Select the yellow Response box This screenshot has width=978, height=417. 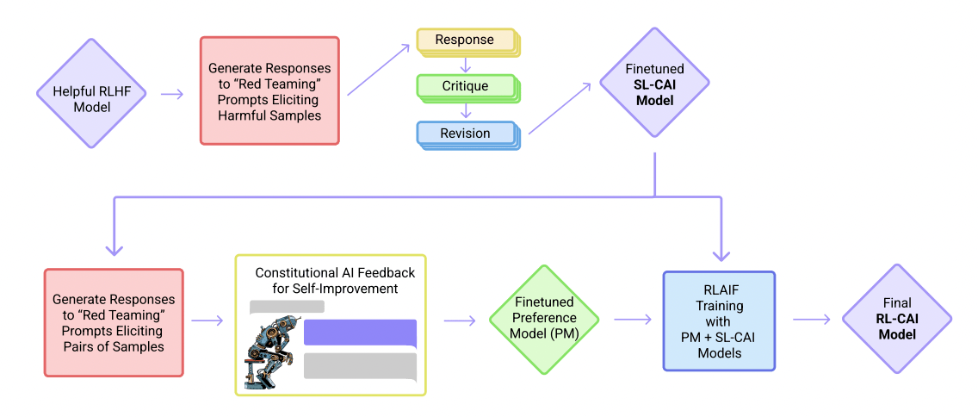[465, 40]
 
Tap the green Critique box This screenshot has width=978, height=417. [465, 86]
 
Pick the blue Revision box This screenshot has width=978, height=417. [465, 134]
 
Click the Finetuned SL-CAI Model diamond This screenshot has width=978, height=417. [654, 82]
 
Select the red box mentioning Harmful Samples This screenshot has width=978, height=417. [269, 90]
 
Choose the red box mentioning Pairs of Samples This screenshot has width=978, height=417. [114, 322]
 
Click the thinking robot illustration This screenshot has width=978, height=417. [269, 352]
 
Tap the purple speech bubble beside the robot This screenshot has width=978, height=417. [360, 333]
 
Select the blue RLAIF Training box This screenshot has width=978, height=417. [719, 321]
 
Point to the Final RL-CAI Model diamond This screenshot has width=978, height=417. [896, 319]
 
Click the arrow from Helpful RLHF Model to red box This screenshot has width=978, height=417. [172, 93]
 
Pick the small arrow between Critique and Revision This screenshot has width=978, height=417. [465, 110]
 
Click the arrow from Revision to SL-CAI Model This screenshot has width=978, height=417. [560, 109]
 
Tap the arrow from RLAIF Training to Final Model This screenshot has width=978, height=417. [811, 320]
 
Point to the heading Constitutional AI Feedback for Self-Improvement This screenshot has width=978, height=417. [335, 280]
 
